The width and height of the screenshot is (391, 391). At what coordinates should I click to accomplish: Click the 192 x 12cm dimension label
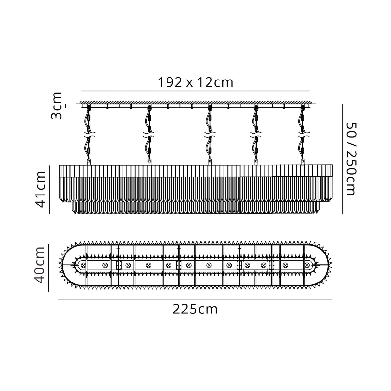195,82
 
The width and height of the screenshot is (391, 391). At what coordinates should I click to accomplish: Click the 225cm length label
195,309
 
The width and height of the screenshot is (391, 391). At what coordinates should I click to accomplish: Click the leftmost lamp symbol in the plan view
83,265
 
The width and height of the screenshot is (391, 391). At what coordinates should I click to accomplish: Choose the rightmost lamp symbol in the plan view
307,265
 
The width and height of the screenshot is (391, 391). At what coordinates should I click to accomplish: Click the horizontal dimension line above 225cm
195,299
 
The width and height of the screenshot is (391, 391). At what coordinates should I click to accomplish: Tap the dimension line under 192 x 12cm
195,91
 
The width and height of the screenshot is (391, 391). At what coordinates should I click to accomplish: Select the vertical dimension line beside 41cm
50,189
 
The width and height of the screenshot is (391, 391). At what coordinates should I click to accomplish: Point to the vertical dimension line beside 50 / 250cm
342,159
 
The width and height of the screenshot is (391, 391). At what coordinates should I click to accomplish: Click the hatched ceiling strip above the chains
195,102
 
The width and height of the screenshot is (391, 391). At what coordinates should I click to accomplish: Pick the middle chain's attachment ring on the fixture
210,161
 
